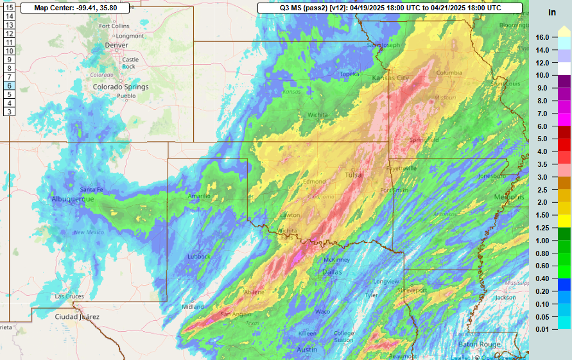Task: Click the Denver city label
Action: [x=116, y=46]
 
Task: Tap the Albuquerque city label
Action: [x=73, y=200]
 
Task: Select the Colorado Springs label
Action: [x=121, y=87]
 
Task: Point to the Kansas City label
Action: [x=390, y=78]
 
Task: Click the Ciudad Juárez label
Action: [x=77, y=317]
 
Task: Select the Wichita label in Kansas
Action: [x=318, y=115]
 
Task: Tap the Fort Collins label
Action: [x=114, y=26]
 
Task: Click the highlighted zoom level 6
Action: [x=10, y=85]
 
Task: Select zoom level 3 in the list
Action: [x=10, y=112]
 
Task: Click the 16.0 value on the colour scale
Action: [x=542, y=37]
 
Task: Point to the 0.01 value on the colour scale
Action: [x=542, y=329]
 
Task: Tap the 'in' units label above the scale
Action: [x=551, y=12]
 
